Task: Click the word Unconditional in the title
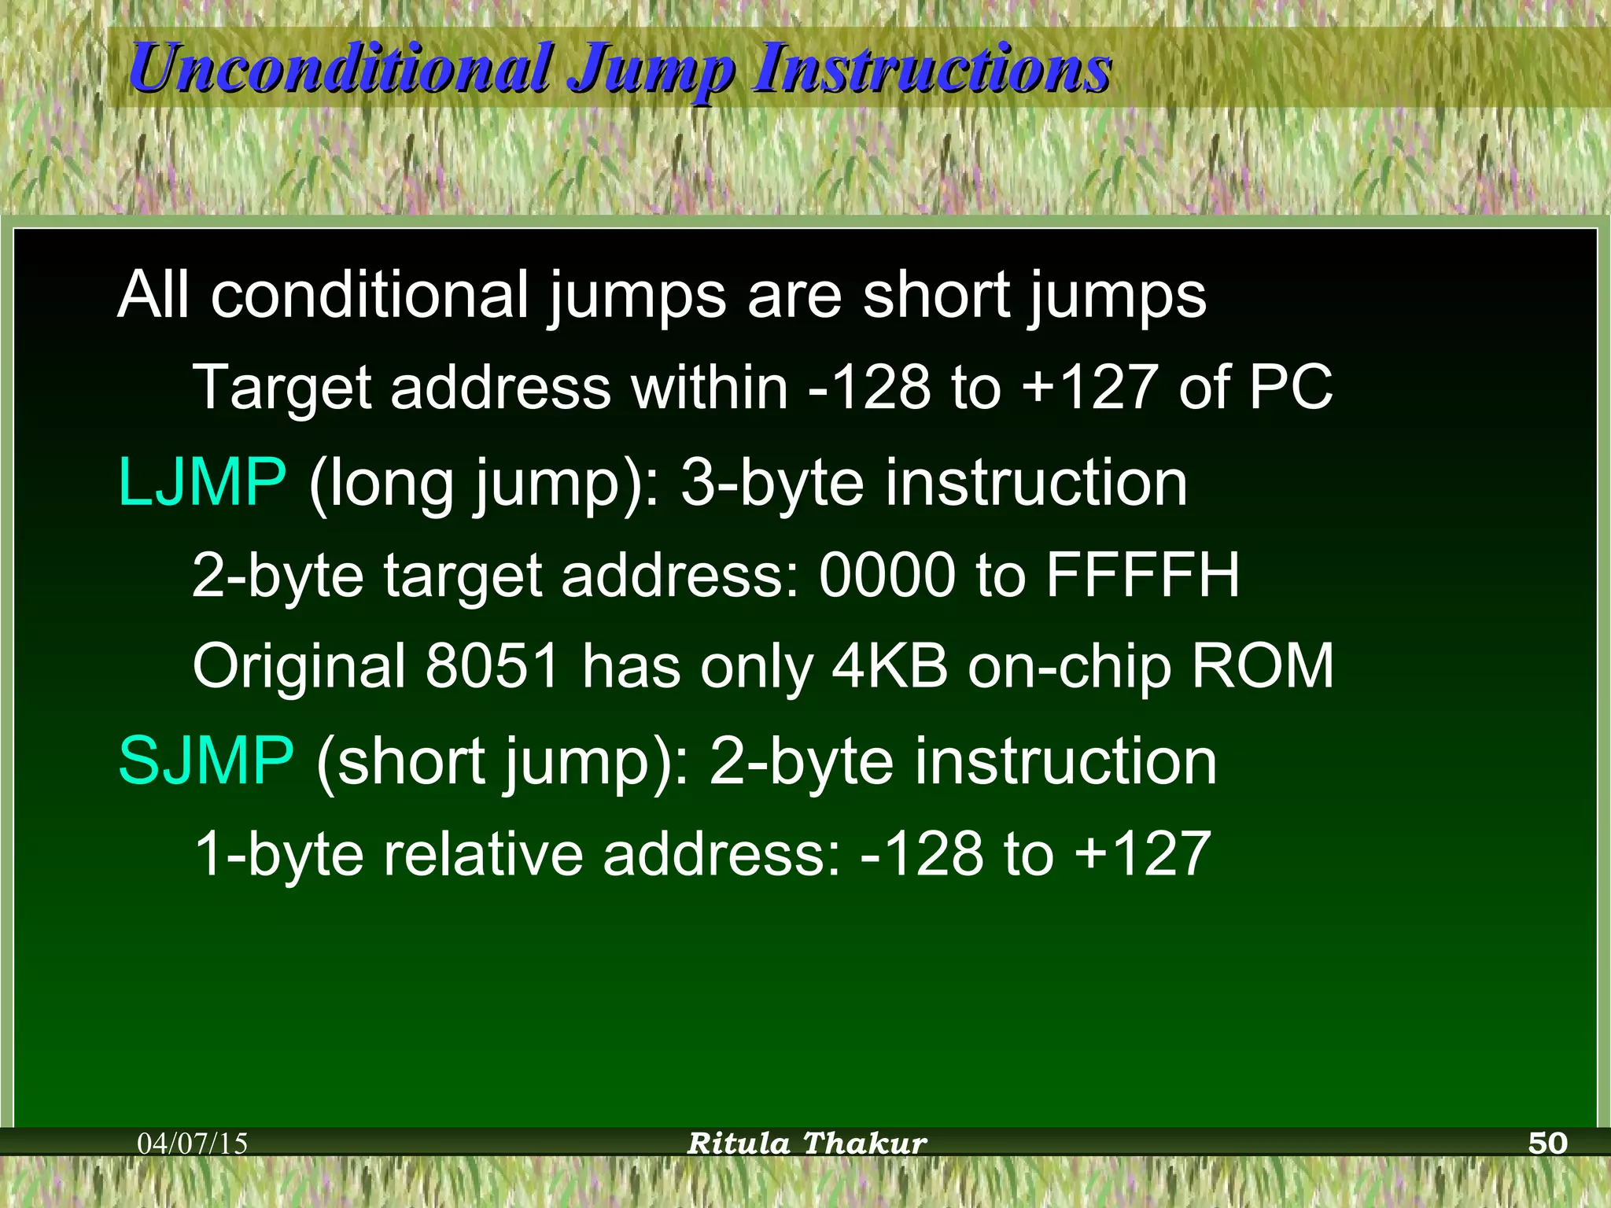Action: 340,68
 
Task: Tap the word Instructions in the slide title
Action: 931,68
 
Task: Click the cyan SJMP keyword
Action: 206,761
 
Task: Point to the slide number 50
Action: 1547,1143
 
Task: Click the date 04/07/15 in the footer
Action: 193,1144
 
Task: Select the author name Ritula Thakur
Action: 807,1143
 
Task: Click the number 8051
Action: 492,666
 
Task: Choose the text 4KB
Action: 890,666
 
